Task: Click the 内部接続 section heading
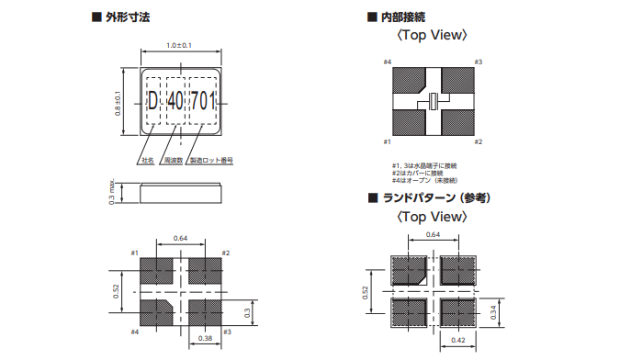401,17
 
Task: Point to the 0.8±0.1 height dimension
117,101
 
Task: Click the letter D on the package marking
152,102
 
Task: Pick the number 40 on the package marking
175,102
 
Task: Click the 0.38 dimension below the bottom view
208,338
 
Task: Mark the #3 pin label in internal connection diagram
478,62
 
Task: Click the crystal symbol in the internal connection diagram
433,101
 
